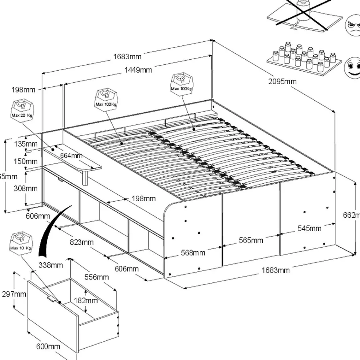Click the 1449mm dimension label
coord(138,70)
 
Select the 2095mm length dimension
coord(282,81)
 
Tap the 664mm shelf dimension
coord(71,155)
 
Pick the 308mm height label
coord(26,188)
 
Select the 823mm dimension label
coord(82,242)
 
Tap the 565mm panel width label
coord(251,240)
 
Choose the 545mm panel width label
coord(309,228)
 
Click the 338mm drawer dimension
coord(51,265)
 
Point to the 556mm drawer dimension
coord(97,277)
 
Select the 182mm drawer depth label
coord(86,300)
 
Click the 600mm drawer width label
coord(48,346)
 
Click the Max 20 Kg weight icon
coord(22,109)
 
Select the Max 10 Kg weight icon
coord(21,242)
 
